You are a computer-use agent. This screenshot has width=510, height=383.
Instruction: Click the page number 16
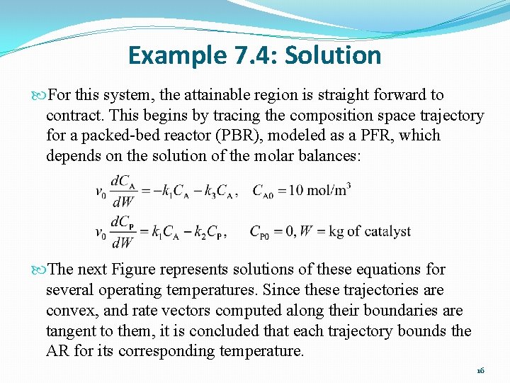480,370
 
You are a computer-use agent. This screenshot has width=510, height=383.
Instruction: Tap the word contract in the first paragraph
72,116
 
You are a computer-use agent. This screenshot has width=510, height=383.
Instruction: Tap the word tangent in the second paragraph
71,331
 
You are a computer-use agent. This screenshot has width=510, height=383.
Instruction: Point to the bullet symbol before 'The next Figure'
38,270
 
